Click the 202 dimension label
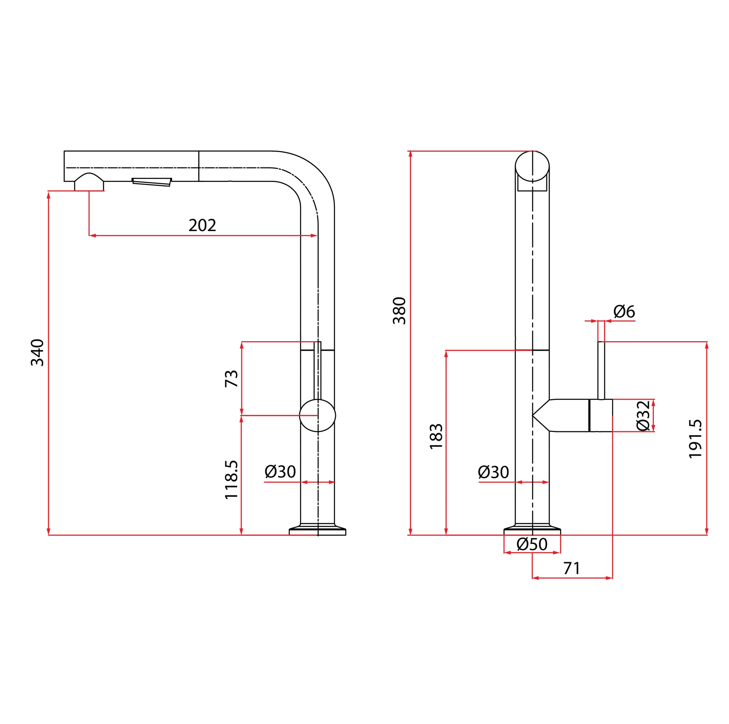202,225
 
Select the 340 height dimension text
37,353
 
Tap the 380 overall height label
399,311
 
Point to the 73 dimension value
231,379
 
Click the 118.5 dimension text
231,479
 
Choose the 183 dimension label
436,436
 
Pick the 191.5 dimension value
695,439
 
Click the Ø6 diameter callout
624,312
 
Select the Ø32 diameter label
643,415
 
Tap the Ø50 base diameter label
532,544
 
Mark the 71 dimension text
571,568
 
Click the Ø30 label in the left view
280,471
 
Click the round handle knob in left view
317,415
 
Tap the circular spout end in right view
532,166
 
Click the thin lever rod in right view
601,370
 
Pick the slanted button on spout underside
152,182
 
